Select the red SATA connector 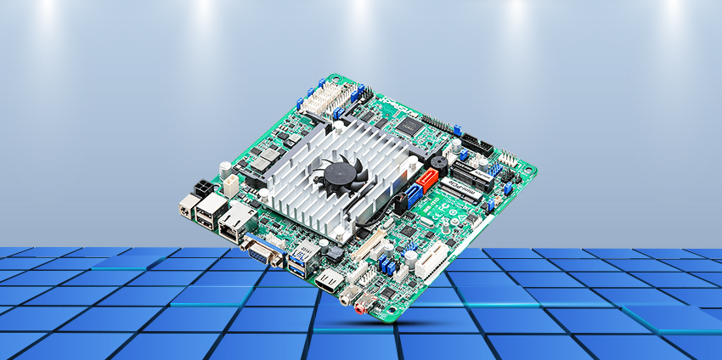coord(427,179)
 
